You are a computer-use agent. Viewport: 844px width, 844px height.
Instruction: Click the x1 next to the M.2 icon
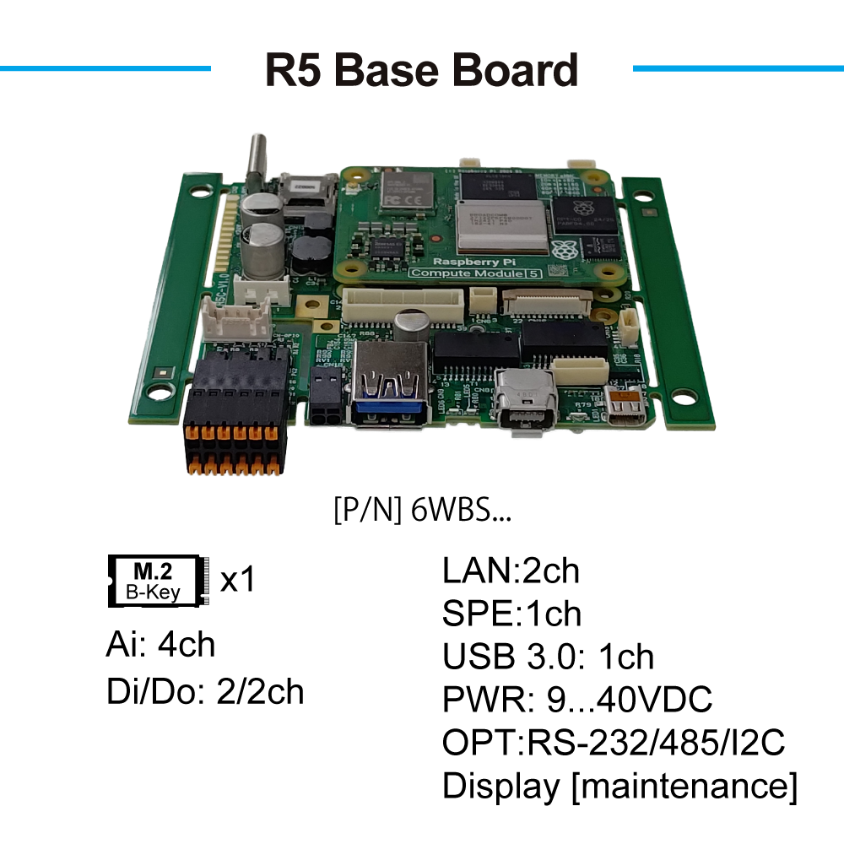pyautogui.click(x=237, y=581)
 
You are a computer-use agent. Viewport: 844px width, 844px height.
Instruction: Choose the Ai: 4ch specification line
pyautogui.click(x=160, y=645)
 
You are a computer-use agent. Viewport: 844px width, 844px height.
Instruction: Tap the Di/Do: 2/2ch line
pyautogui.click(x=205, y=691)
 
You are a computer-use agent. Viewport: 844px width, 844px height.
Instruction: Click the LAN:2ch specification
pyautogui.click(x=511, y=571)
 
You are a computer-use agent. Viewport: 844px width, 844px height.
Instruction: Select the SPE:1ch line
pyautogui.click(x=511, y=614)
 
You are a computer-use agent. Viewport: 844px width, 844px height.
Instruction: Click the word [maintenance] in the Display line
pyautogui.click(x=684, y=787)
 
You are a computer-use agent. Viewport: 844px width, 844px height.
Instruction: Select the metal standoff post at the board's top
pyautogui.click(x=255, y=165)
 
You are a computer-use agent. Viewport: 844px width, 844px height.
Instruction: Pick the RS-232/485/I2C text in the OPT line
pyautogui.click(x=655, y=744)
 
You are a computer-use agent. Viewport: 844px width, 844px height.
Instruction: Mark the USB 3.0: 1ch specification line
pyautogui.click(x=548, y=657)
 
